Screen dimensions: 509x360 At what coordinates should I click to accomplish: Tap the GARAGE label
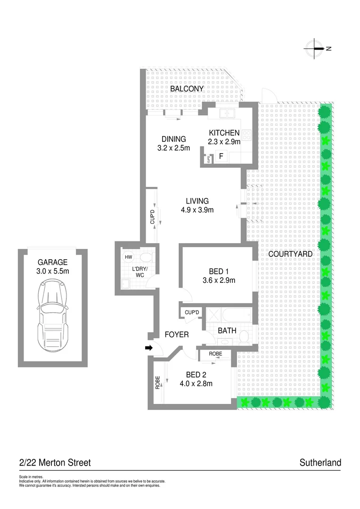(x=53, y=262)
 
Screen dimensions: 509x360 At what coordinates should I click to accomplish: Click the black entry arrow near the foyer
(x=148, y=348)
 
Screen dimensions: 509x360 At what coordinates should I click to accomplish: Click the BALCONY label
(x=187, y=89)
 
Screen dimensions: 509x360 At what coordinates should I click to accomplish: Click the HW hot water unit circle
(x=128, y=257)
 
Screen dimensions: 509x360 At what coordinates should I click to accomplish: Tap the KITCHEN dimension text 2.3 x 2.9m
(x=224, y=141)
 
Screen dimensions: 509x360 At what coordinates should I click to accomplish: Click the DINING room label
(x=174, y=139)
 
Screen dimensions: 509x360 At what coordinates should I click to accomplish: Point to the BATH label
(x=227, y=331)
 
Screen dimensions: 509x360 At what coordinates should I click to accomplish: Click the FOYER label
(x=177, y=335)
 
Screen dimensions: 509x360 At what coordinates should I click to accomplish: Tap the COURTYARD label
(x=290, y=254)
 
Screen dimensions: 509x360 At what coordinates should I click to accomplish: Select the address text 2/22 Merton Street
(x=55, y=463)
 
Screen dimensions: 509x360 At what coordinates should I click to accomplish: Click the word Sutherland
(x=320, y=463)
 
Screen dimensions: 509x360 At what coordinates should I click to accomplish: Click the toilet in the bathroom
(x=244, y=336)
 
